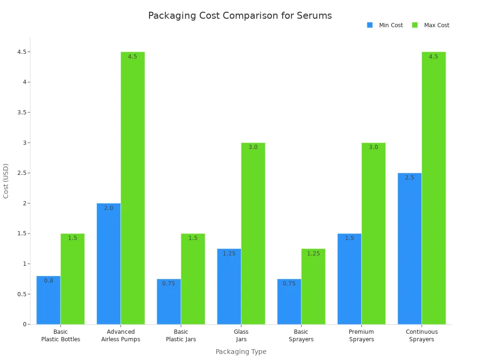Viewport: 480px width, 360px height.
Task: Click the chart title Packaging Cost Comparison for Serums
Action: point(240,15)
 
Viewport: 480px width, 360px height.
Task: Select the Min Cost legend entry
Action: point(390,25)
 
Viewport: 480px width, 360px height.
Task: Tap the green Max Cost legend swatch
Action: point(415,25)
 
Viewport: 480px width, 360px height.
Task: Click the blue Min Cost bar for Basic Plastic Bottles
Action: point(48,300)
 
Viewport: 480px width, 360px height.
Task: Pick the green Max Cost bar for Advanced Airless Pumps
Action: point(133,187)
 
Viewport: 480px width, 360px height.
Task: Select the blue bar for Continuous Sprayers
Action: point(409,248)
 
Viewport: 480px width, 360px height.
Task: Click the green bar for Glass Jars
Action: point(253,234)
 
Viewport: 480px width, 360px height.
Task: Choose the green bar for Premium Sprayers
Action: point(373,234)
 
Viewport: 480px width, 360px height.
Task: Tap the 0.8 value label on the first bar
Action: point(49,281)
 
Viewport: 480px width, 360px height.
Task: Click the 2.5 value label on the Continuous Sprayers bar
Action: point(409,178)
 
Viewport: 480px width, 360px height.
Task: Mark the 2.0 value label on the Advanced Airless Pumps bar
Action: point(108,208)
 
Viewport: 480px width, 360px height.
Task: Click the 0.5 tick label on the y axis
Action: point(21,294)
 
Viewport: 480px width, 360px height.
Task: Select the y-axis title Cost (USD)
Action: point(6,180)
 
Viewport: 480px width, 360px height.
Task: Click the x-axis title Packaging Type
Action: point(240,352)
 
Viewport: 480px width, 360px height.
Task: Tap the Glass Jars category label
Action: point(241,336)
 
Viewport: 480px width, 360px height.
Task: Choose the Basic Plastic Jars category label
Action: point(181,336)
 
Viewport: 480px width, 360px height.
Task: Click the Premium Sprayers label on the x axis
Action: point(361,336)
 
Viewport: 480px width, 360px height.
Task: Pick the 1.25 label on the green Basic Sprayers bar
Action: point(313,254)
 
